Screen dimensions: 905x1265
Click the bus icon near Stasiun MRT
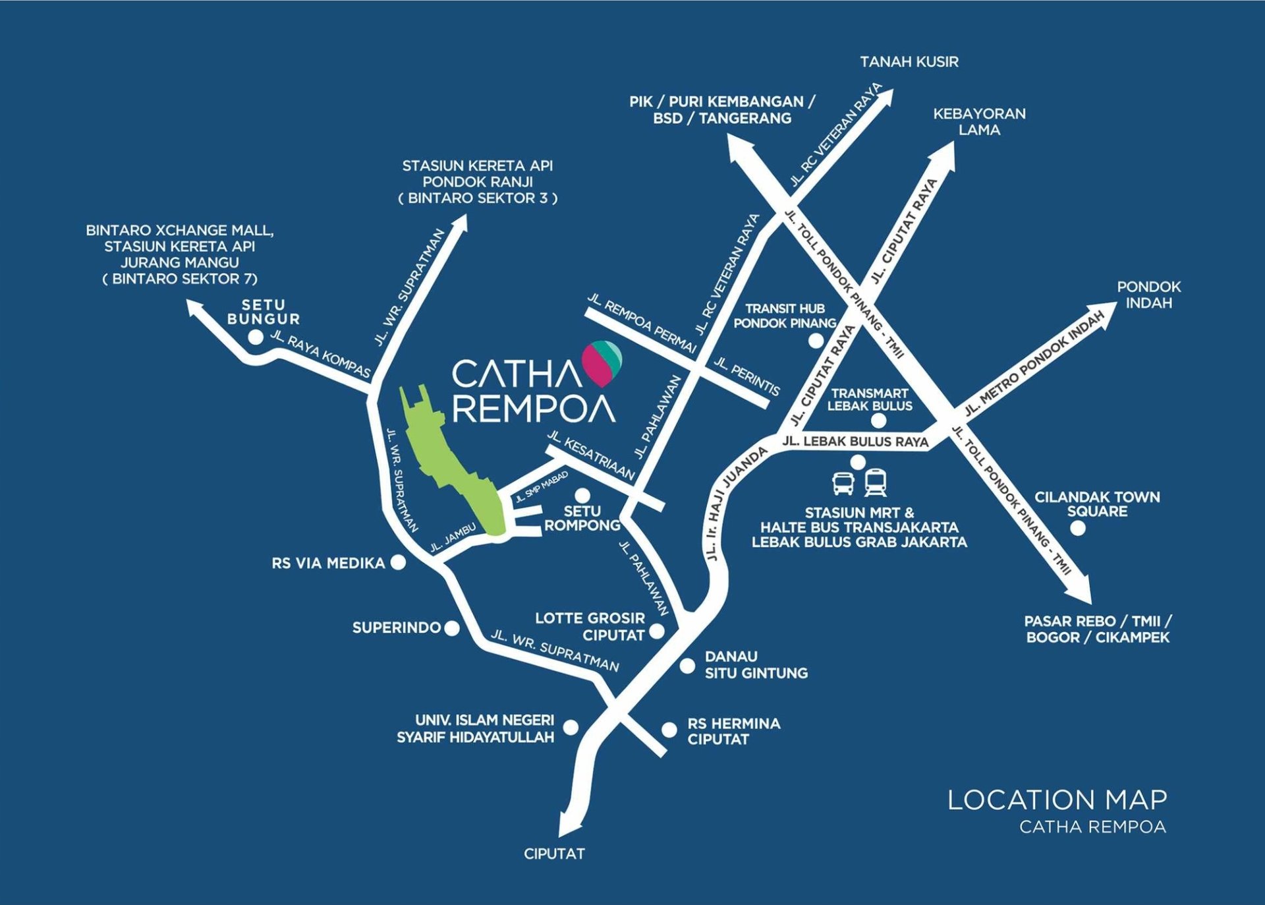click(x=843, y=483)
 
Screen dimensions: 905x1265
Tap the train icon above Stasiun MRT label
click(x=876, y=482)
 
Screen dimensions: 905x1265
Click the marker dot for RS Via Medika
click(x=398, y=562)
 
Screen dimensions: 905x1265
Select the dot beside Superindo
click(x=452, y=628)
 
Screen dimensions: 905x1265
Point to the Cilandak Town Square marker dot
click(x=1078, y=528)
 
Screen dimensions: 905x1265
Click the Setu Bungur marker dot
click(x=255, y=337)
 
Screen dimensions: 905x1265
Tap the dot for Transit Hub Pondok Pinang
click(x=816, y=341)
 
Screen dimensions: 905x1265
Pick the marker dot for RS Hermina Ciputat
click(x=669, y=730)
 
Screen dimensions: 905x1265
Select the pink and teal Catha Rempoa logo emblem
click(x=602, y=363)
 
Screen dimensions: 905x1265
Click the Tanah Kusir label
click(x=909, y=62)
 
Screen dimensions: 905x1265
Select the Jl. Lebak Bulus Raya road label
click(x=855, y=442)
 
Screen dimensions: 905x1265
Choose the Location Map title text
click(x=1057, y=800)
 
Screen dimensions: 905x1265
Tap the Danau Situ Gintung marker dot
click(x=687, y=666)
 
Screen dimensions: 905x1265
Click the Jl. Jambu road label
click(x=453, y=538)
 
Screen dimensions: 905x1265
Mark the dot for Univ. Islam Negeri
click(x=571, y=727)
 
